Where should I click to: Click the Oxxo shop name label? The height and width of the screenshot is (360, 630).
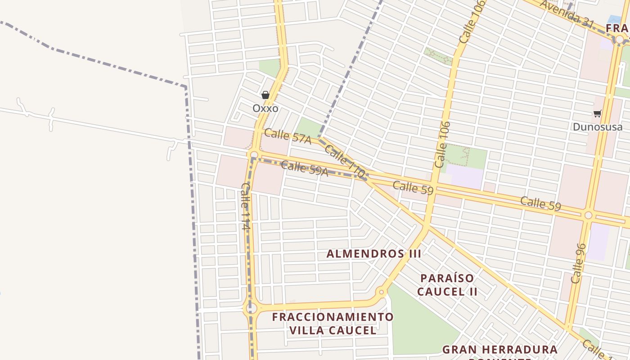[x=265, y=108]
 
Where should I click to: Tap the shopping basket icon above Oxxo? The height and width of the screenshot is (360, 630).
[x=265, y=95]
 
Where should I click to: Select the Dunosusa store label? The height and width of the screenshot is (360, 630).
[x=597, y=127]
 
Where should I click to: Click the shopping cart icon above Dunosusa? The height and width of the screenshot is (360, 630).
[x=597, y=114]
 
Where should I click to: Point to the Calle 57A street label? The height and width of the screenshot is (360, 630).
[x=288, y=136]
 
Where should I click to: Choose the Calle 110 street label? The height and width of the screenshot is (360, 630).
[x=344, y=161]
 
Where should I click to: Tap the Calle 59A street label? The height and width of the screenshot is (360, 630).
[x=304, y=168]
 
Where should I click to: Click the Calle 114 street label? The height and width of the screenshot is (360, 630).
[x=245, y=207]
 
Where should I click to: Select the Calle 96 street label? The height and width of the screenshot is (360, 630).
[x=579, y=263]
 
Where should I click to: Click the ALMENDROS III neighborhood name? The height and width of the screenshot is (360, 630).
[x=373, y=254]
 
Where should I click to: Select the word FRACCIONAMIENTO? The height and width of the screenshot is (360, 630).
[x=333, y=317]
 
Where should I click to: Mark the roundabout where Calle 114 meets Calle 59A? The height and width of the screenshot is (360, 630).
[x=254, y=155]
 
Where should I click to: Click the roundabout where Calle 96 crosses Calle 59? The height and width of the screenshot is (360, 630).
[x=588, y=216]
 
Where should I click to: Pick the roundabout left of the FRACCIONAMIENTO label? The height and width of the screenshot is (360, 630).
[x=251, y=308]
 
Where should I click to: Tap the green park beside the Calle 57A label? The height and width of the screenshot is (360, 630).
[x=309, y=127]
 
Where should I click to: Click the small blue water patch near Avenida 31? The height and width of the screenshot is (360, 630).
[x=615, y=20]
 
